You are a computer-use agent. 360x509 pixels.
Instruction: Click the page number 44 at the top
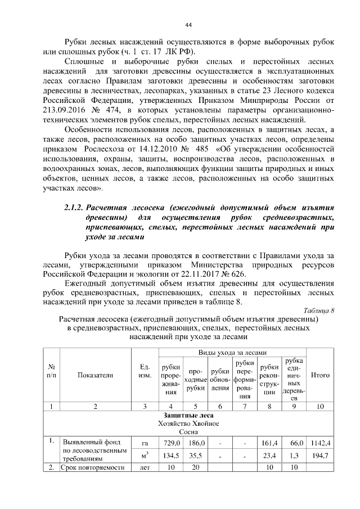[x=188, y=24]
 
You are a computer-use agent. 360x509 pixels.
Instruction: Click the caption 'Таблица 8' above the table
[x=318, y=310]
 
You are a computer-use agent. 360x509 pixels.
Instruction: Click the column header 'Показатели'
[x=96, y=375]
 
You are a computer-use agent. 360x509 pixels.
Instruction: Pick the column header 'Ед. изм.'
[x=143, y=371]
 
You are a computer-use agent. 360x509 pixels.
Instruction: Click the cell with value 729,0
[x=171, y=443]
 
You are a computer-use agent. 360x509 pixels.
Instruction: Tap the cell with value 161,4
[x=270, y=443]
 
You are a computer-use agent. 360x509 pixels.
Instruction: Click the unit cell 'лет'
[x=143, y=467]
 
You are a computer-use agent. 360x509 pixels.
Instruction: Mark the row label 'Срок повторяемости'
[x=93, y=467]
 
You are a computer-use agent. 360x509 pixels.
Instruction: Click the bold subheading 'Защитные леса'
[x=187, y=415]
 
